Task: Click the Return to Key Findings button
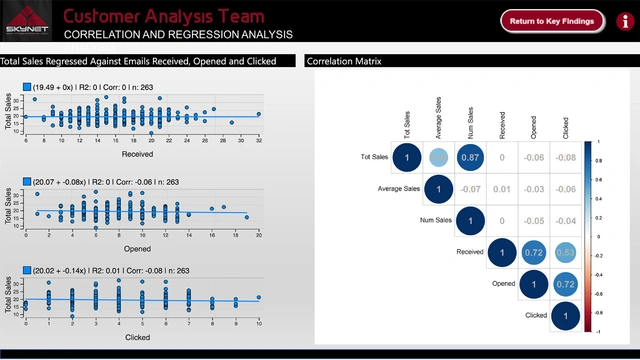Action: tap(552, 20)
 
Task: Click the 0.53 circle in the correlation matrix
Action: tap(565, 252)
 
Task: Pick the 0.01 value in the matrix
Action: tap(501, 189)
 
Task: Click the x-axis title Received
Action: tap(137, 155)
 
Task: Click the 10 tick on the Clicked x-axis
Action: tap(258, 324)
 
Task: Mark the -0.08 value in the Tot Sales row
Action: tap(565, 157)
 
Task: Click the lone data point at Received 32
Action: tap(258, 114)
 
